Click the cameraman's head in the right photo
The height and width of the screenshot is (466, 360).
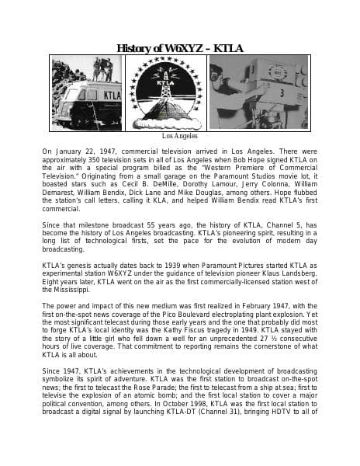coord(230,82)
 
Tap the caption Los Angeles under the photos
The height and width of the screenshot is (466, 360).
coord(179,136)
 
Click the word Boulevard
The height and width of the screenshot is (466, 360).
coord(202,314)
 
